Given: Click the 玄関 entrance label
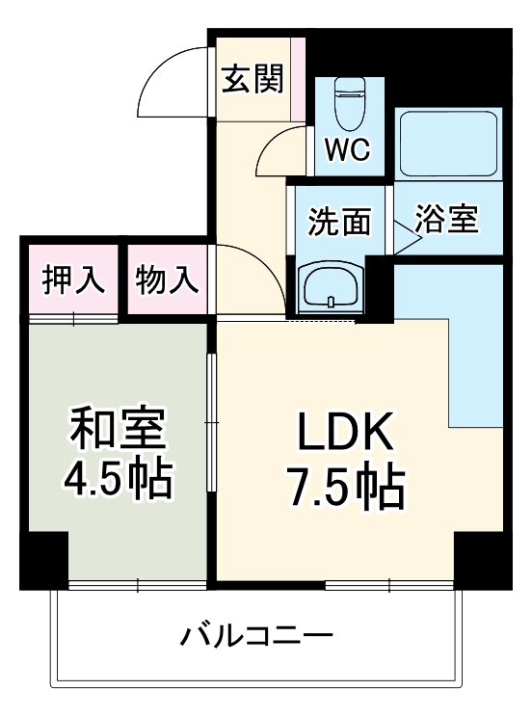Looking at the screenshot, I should [x=254, y=80].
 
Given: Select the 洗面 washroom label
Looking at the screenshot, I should [x=339, y=221].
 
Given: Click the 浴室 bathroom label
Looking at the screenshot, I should [x=446, y=220].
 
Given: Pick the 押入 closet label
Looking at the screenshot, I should [x=73, y=280].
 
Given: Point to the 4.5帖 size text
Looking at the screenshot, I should [x=120, y=479].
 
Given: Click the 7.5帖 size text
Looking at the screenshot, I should [x=343, y=490].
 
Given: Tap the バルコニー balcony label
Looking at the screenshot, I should [x=257, y=636].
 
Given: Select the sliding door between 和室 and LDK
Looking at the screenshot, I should [x=211, y=424].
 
